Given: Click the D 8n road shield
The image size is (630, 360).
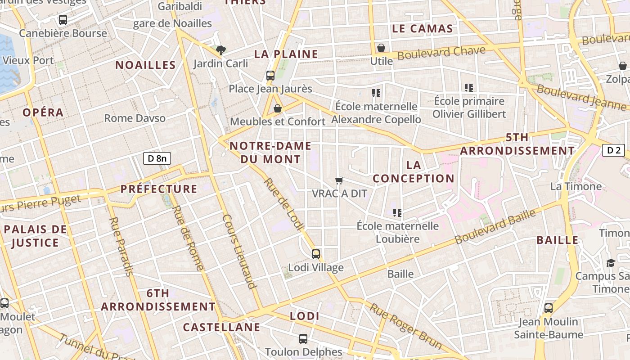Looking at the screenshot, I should pos(157,158).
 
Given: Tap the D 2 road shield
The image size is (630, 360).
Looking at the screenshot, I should pos(613,150).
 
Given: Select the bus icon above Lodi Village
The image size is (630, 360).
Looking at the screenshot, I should pos(316,254).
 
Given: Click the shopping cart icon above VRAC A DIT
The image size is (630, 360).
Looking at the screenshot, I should pos(339,180).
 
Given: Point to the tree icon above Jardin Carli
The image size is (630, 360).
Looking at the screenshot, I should pos(220,50).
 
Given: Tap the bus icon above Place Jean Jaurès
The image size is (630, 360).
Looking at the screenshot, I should pos(270,76).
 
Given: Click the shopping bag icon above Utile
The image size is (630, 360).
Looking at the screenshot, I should pos(381,48).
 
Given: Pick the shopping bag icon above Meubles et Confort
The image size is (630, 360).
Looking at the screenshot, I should pos(278,108).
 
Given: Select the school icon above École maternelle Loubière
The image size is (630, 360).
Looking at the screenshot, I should pos(397,212).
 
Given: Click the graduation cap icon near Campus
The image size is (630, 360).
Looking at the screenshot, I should pos(611,263).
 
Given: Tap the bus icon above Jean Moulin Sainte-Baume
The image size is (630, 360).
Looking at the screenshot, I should pos(549,308).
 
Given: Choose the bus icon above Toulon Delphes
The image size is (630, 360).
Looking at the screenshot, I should pos(303,338).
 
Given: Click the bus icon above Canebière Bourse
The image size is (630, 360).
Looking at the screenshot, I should pos(63,20).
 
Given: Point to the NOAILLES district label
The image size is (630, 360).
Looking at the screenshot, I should pos(146,65).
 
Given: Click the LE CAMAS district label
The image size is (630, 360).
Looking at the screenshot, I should pos(422,29).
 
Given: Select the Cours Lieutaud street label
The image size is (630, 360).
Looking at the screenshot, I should pos(239,251).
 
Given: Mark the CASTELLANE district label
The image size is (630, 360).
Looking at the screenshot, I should pos(221,327).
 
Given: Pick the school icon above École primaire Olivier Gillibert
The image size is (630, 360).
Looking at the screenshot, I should pos(469,88).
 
